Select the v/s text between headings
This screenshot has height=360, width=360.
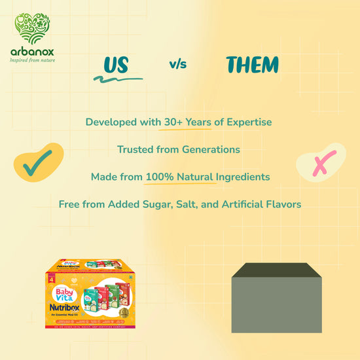coord(178,64)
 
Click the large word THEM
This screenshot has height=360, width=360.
coord(252,65)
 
